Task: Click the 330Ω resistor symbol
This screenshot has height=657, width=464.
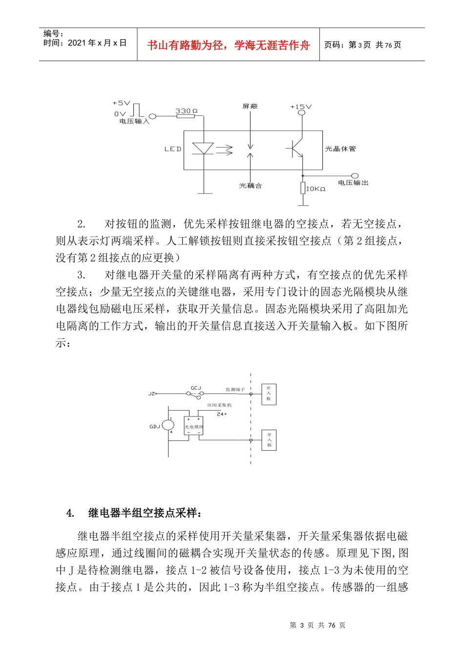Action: point(186,116)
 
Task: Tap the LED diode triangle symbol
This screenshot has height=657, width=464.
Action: point(203,149)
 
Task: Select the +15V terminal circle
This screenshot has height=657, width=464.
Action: point(301,113)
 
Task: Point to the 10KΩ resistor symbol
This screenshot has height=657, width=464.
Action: point(303,188)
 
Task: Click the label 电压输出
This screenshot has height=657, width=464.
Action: point(353,183)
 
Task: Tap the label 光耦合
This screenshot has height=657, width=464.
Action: point(250,186)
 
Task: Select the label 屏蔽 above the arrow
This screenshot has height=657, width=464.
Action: point(250,106)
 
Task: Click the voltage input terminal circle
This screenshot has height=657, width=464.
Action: point(152,116)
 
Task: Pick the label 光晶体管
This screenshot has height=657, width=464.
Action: point(340,149)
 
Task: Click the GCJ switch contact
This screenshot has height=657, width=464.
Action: point(196,394)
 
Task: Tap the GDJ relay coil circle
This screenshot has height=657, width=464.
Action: point(168,426)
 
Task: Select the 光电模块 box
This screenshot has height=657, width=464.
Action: point(193,426)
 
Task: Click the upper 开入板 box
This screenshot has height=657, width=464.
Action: point(269,394)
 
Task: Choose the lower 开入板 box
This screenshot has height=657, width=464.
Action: point(269,440)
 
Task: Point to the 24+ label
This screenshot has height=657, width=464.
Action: point(222,414)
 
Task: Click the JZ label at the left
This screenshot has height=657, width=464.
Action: point(151,394)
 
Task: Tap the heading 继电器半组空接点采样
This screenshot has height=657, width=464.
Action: point(145,513)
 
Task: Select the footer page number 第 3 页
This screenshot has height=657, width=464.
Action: point(302,625)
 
